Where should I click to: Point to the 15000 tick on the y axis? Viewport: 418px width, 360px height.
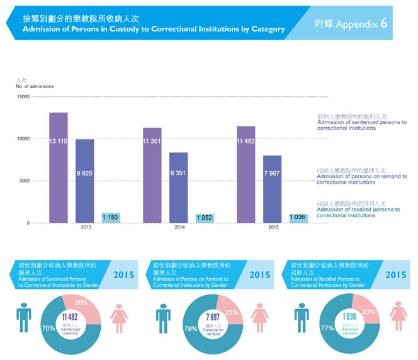[x=23, y=96]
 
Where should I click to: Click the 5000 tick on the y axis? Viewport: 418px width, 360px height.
[x=23, y=181]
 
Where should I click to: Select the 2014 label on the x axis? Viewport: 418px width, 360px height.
[x=179, y=227]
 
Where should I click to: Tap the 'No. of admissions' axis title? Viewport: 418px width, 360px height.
[x=35, y=86]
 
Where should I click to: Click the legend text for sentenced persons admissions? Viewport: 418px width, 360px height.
[x=362, y=122]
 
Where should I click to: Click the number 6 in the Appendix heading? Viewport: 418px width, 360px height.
[x=383, y=23]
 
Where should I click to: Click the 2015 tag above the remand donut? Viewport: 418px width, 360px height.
[x=259, y=275]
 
